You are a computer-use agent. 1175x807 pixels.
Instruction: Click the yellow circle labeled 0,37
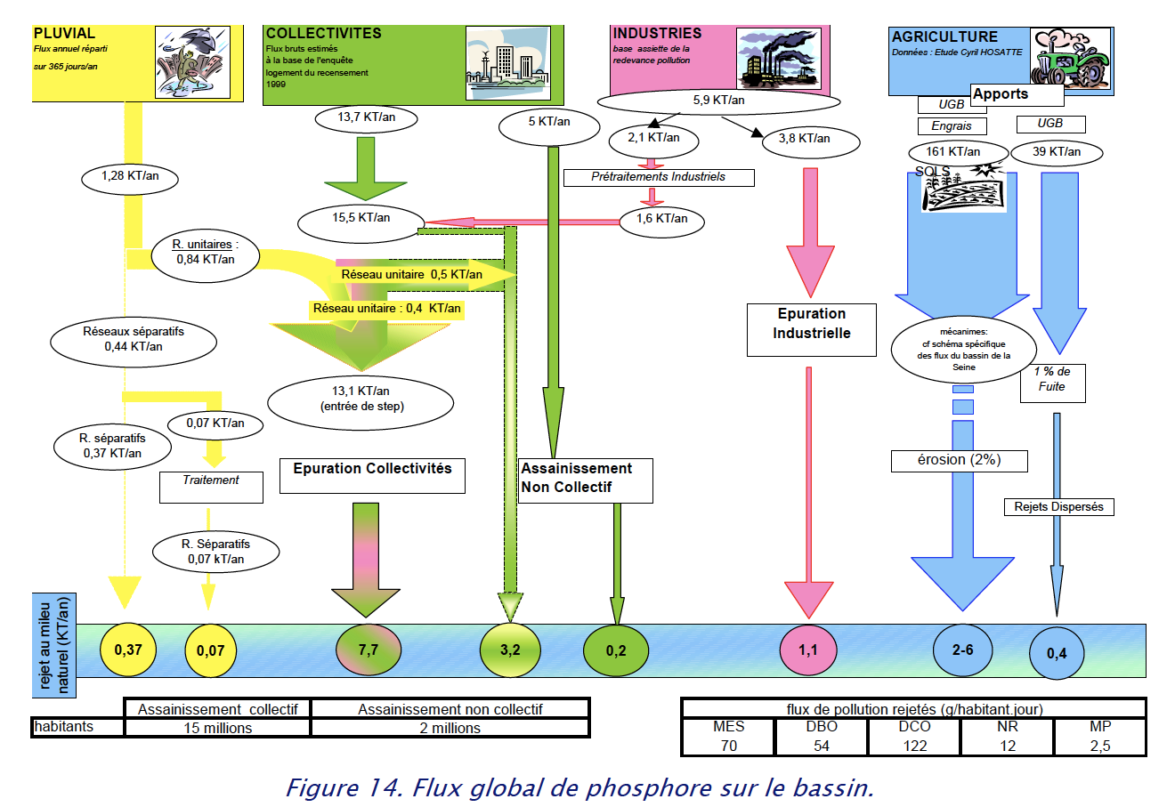pyautogui.click(x=128, y=650)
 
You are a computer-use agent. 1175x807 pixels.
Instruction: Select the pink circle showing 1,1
pyautogui.click(x=807, y=650)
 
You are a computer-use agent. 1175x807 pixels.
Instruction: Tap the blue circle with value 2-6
pyautogui.click(x=963, y=650)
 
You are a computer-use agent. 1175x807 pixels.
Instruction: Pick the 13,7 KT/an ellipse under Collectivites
pyautogui.click(x=367, y=117)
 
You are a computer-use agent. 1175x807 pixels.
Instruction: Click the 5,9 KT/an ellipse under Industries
pyautogui.click(x=719, y=101)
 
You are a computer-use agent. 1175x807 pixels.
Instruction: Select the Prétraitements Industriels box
pyautogui.click(x=659, y=177)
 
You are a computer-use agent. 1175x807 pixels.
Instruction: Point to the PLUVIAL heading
pyautogui.click(x=64, y=34)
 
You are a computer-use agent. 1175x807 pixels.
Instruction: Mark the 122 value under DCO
pyautogui.click(x=915, y=746)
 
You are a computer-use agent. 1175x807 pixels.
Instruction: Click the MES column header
pyautogui.click(x=728, y=727)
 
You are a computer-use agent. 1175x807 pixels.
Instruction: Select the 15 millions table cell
pyautogui.click(x=218, y=728)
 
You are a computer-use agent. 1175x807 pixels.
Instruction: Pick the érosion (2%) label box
pyautogui.click(x=959, y=460)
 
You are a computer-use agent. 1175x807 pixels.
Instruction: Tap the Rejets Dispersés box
pyautogui.click(x=1058, y=507)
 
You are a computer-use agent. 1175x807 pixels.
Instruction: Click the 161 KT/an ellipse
pyautogui.click(x=953, y=152)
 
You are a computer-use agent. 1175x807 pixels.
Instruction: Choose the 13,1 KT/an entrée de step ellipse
pyautogui.click(x=361, y=399)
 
